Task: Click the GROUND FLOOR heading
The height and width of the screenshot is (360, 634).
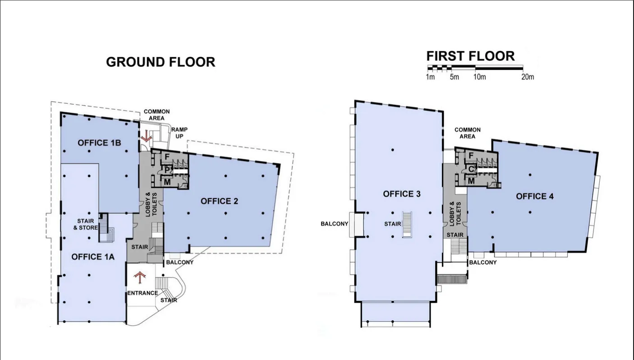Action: click(161, 62)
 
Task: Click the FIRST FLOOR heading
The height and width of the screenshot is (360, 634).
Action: click(470, 56)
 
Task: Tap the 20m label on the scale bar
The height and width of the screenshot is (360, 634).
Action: click(527, 77)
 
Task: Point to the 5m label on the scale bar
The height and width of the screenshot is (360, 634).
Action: click(454, 77)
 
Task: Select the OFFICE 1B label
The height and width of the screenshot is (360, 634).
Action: click(99, 143)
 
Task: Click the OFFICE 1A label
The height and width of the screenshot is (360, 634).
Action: click(93, 257)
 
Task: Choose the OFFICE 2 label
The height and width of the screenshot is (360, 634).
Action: click(219, 201)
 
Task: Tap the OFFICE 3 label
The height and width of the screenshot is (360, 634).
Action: click(401, 194)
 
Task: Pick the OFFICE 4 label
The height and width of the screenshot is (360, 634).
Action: click(534, 196)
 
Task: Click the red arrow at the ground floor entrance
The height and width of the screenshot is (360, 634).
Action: click(141, 277)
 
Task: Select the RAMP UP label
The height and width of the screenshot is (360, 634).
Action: click(179, 133)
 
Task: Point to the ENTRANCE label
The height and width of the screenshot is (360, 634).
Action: click(142, 293)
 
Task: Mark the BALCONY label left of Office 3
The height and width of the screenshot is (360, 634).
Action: click(334, 224)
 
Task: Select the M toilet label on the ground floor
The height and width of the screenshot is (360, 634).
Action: click(166, 182)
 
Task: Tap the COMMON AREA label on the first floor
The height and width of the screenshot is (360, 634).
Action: click(467, 133)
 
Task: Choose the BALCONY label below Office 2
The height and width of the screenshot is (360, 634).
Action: click(179, 262)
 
